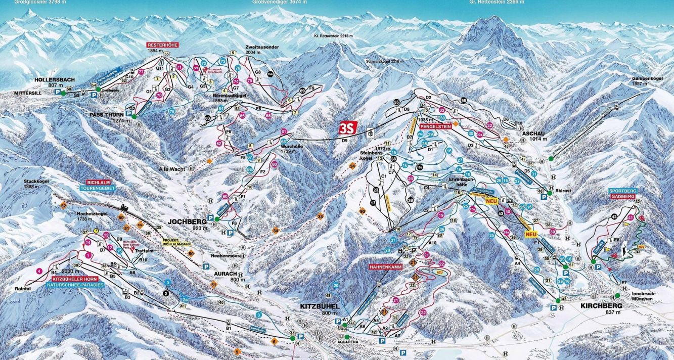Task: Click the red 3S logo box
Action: (348, 127)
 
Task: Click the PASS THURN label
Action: (104, 114)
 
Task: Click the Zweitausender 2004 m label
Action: (262, 46)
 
